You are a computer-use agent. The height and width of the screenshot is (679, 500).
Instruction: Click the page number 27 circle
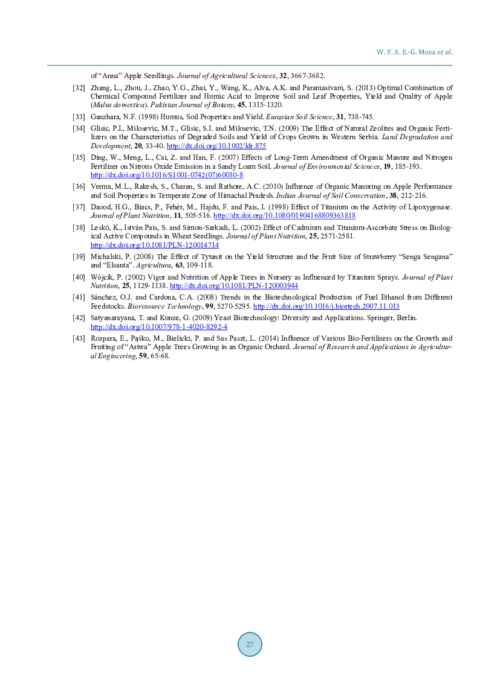pos(250,644)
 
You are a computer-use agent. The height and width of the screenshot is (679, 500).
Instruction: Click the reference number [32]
pos(79,88)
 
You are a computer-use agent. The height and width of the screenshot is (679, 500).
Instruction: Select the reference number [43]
pos(79,339)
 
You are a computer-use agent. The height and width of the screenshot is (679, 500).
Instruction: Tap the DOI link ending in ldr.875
pos(216,146)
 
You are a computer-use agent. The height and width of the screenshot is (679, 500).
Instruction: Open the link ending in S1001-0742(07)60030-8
pos(166,175)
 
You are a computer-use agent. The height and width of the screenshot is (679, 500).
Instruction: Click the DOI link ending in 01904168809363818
pos(285,215)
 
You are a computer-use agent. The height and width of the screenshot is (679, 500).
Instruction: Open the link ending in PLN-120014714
pos(154,245)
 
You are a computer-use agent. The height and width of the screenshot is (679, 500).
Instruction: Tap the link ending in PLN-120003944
pos(234,286)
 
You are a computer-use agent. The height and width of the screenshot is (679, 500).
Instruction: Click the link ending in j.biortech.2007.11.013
pos(326,306)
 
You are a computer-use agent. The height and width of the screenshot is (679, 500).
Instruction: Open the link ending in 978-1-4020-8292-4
pos(159,327)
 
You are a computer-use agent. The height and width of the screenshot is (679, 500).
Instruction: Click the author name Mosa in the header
pos(427,52)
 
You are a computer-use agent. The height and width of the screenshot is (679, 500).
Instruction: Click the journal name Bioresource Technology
pos(164,306)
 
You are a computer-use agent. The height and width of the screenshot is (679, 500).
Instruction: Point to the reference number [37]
pos(79,207)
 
